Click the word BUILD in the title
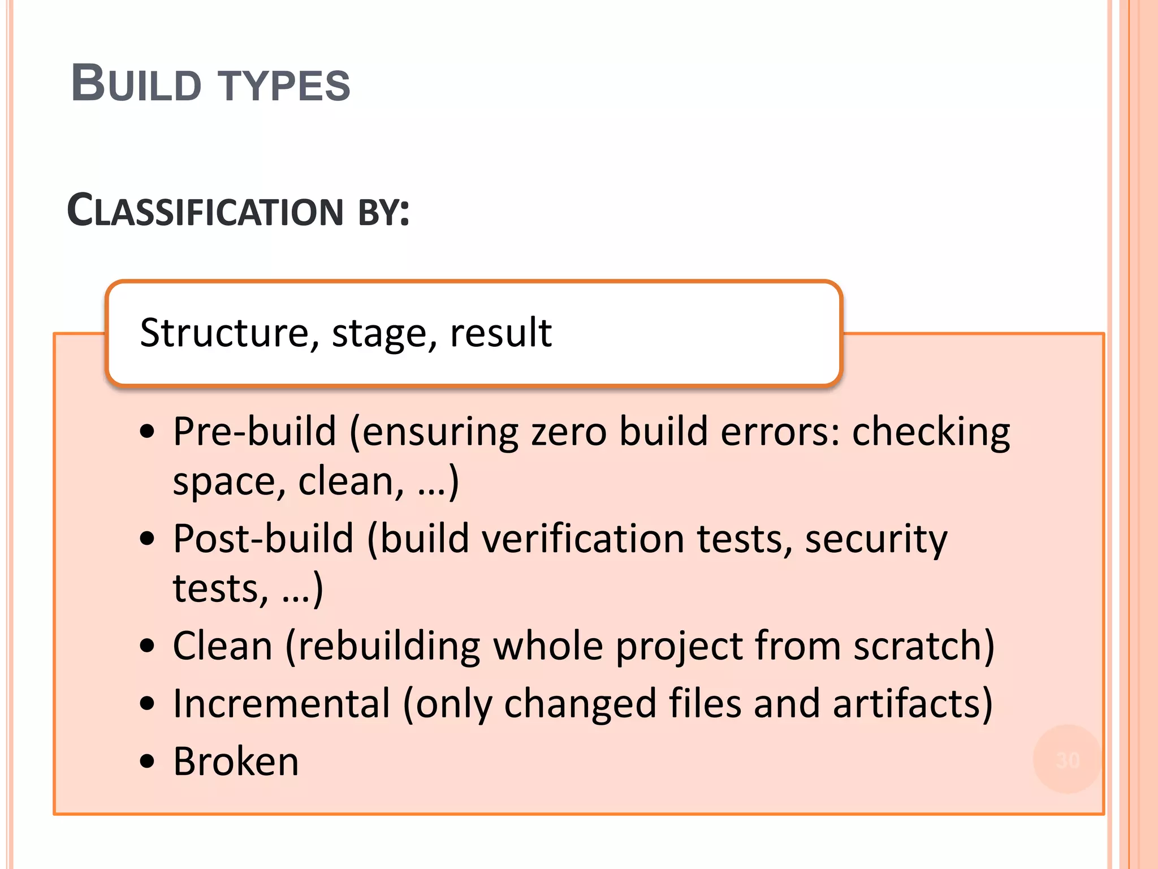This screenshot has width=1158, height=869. [136, 84]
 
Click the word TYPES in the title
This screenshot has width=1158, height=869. [284, 86]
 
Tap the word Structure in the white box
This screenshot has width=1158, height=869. [225, 333]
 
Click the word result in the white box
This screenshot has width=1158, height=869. [500, 333]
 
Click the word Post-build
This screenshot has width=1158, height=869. [263, 539]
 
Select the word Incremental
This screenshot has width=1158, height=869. [282, 704]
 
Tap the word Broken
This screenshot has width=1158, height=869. [236, 762]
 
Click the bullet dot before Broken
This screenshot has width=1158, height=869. [147, 762]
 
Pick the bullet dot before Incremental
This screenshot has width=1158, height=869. [147, 704]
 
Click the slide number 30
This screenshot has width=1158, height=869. [1068, 760]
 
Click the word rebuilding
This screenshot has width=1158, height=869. [389, 646]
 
